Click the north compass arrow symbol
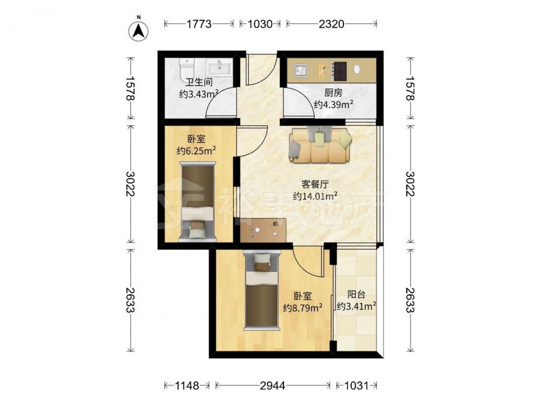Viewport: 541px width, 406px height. (x=138, y=31)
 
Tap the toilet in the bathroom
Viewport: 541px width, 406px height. (x=187, y=69)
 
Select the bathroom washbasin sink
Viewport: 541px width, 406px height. (x=219, y=67)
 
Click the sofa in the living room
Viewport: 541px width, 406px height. (x=320, y=145)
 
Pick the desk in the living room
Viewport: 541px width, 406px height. (x=263, y=230)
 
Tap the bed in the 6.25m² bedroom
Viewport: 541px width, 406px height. (x=197, y=201)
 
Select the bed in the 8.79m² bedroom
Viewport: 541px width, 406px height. (x=261, y=291)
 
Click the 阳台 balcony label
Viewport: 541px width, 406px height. (x=357, y=295)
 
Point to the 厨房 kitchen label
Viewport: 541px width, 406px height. (x=333, y=93)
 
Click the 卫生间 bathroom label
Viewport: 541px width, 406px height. (x=199, y=82)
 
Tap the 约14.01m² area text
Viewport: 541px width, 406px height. (x=315, y=196)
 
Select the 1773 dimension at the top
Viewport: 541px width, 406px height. (x=199, y=24)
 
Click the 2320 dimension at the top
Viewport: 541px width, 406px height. (x=332, y=24)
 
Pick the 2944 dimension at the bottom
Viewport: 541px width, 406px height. (x=273, y=385)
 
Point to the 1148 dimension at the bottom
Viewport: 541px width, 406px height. (x=187, y=385)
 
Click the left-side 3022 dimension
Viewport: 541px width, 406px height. (x=130, y=184)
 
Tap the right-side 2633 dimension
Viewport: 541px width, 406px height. (x=410, y=300)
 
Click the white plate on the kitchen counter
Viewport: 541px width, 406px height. (x=357, y=69)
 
